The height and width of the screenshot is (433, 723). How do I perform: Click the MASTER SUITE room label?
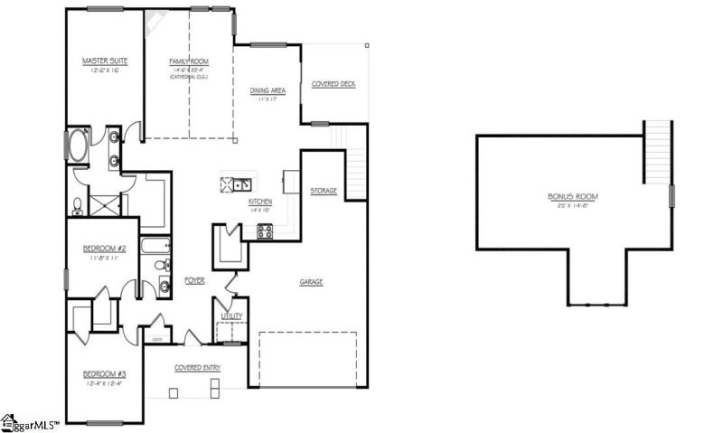[x=105, y=61]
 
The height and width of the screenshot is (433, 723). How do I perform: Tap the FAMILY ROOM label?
[x=189, y=61]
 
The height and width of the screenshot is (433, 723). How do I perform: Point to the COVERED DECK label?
[x=333, y=83]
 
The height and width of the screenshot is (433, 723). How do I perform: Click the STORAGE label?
[x=324, y=191]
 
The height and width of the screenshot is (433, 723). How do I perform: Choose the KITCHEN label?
[x=261, y=202]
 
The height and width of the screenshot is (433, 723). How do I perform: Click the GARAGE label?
[x=312, y=282]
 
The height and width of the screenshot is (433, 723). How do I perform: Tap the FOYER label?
[x=194, y=281]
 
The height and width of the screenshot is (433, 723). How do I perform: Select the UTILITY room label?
[x=232, y=316]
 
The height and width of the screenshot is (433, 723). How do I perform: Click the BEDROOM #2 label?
[x=104, y=248]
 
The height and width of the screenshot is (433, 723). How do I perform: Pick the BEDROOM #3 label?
[x=105, y=373]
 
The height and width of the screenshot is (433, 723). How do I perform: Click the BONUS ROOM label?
[x=573, y=196]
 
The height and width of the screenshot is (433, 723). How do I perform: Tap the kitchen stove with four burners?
[x=266, y=231]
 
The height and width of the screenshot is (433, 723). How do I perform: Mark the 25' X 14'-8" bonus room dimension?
[x=573, y=205]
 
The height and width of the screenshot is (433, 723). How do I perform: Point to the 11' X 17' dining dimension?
[x=268, y=99]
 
